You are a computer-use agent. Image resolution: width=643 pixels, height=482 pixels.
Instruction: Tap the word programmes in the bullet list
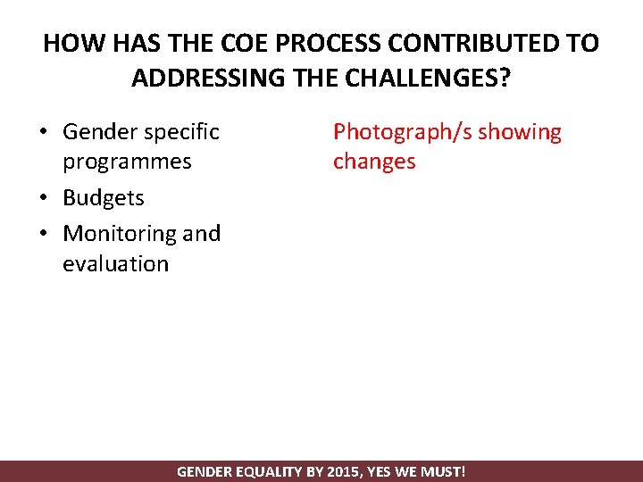(x=127, y=162)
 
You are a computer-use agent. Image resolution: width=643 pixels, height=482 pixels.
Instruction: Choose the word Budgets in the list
(x=104, y=197)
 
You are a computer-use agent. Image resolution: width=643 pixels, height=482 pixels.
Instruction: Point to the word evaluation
(x=115, y=263)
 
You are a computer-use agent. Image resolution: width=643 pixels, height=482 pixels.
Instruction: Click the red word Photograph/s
(x=402, y=132)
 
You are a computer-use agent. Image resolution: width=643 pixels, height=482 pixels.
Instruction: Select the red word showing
(x=520, y=132)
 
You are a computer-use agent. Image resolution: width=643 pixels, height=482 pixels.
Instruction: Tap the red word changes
(x=374, y=162)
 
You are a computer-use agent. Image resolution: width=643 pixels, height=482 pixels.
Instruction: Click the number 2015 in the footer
(x=342, y=471)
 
